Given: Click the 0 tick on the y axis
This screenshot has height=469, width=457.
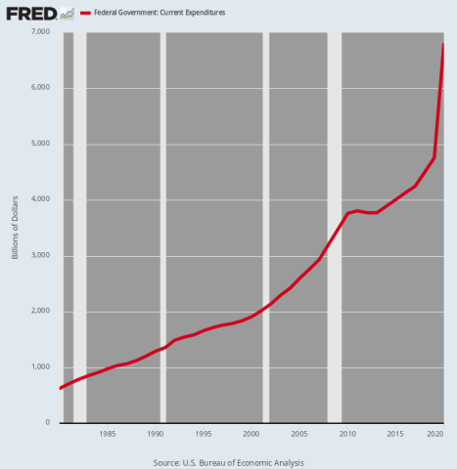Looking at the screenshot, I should tap(47, 423).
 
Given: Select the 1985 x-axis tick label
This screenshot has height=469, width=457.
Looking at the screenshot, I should tap(107, 434).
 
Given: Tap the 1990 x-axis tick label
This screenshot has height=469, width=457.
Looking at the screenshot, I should tap(155, 434).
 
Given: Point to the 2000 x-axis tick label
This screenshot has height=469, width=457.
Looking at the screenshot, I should tap(251, 434).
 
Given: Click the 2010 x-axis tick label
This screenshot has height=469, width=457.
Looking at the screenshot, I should tap(346, 434).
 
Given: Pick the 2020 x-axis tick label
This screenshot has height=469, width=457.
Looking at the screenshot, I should tap(434, 434).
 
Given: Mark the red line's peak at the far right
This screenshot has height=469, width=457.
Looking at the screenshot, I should tap(443, 44).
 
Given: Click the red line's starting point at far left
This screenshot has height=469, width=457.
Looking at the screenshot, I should tap(61, 388).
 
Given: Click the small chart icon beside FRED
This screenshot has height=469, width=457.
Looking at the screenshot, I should tap(67, 14).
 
